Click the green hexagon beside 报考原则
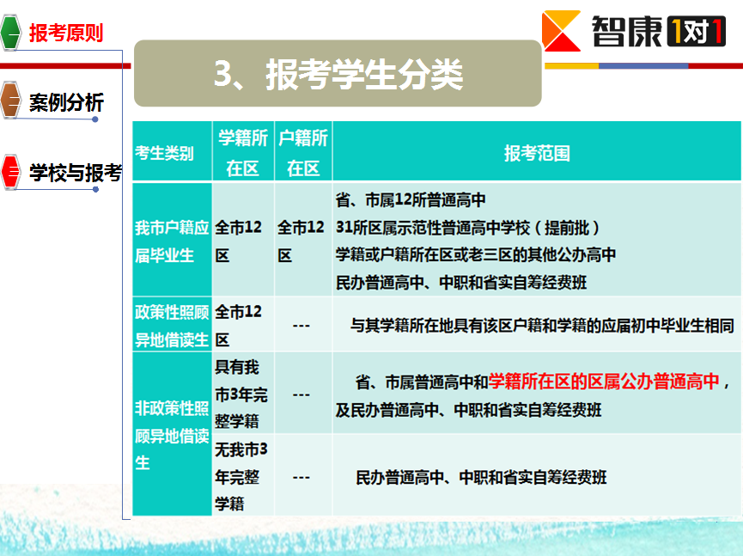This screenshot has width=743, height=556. coord(10,33)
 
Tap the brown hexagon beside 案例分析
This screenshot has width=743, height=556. coord(10,100)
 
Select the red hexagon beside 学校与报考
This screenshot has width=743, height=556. coord(10,172)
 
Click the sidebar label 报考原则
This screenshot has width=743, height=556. coord(66,34)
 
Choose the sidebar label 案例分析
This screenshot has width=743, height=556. coord(66,102)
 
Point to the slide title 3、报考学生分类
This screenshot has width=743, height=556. coord(338,75)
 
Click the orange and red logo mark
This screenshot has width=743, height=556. coord(562,31)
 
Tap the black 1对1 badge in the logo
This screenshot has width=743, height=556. coord(696,31)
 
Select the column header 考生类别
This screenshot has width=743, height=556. coord(164,153)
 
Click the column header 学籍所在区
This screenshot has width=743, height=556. coord(243,153)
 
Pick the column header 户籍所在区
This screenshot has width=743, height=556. coord(303,153)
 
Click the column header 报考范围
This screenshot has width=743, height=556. coord(537,153)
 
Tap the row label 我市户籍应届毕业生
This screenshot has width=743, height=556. coord(172,241)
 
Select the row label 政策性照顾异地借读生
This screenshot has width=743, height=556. coord(172,326)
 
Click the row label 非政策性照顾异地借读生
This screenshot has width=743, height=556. coord(172,435)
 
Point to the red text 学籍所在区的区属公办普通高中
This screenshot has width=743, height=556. coord(604,381)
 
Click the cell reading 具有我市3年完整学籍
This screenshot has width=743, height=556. coord(241,394)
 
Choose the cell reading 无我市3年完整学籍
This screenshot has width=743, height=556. coord(241,476)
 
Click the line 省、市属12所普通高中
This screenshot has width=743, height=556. coord(411,200)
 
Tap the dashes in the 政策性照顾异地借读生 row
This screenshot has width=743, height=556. coord(301,326)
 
